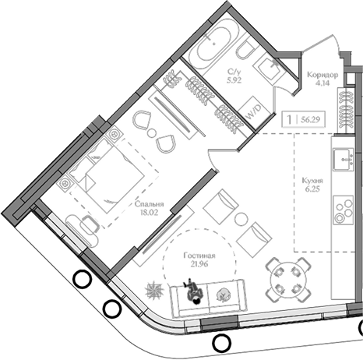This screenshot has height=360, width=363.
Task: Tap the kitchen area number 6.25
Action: pyautogui.click(x=313, y=189)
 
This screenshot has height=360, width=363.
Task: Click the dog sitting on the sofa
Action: pyautogui.click(x=193, y=293)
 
